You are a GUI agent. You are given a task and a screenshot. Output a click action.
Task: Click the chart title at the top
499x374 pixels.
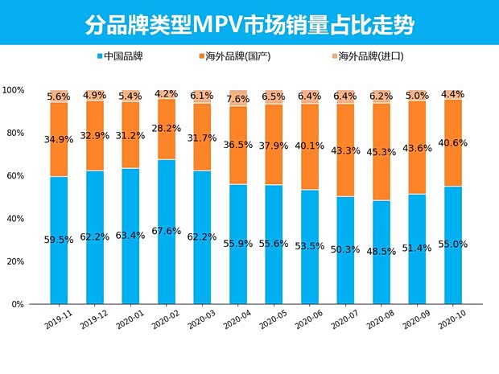click(249, 25)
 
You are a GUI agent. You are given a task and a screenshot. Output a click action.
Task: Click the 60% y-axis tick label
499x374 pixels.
click(16, 175)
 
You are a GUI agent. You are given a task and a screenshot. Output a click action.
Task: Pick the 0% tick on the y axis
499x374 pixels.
click(19, 304)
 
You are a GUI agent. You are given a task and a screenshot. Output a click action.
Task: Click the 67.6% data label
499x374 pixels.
click(167, 232)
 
